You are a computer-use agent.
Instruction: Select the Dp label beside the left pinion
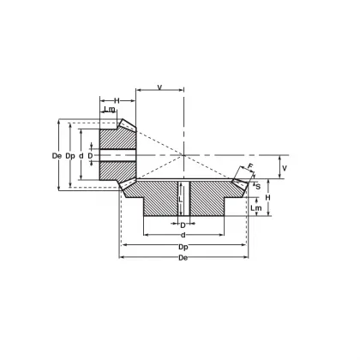click(x=69, y=155)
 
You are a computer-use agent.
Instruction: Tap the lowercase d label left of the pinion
click(x=81, y=155)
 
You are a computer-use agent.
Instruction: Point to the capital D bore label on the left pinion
click(x=89, y=155)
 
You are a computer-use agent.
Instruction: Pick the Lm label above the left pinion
click(x=109, y=110)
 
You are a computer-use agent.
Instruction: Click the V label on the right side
click(x=286, y=167)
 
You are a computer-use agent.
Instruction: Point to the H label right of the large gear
click(x=267, y=197)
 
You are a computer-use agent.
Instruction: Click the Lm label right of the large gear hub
click(x=255, y=207)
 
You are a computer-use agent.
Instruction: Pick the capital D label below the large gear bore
click(x=183, y=225)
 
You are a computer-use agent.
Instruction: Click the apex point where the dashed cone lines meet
click(x=183, y=155)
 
